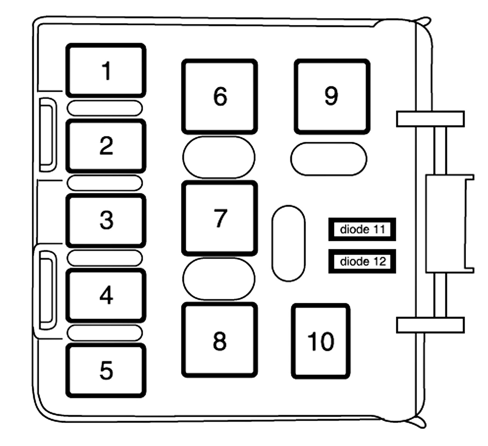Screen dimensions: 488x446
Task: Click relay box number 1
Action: (106, 71)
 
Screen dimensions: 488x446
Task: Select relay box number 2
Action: (106, 146)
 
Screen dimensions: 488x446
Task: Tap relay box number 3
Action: (106, 221)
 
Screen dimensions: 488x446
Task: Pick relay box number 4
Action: (106, 296)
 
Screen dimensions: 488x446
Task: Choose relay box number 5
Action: (106, 371)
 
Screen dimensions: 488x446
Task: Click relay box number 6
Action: (220, 97)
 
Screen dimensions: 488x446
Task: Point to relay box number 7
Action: (220, 218)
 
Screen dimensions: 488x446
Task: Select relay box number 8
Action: (220, 340)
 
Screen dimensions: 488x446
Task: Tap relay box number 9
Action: (332, 97)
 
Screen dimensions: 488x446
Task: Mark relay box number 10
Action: (321, 341)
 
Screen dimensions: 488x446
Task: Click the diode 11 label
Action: (362, 229)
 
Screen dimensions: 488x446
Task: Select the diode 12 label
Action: (362, 261)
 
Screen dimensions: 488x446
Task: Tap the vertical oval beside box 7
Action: (288, 243)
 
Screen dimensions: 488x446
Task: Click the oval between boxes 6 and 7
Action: (219, 157)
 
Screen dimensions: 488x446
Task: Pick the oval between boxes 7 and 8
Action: (219, 279)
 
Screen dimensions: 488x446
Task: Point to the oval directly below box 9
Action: (329, 159)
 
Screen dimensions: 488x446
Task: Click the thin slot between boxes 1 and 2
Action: (105, 108)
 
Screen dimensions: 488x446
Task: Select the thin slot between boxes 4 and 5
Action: (105, 333)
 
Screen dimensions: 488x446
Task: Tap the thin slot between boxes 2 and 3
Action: (105, 183)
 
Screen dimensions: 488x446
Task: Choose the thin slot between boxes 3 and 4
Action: (105, 258)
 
